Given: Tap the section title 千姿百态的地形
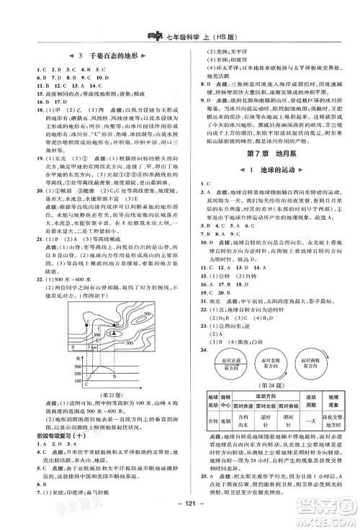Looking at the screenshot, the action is coord(96,58).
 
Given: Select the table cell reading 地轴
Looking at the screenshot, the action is coord(224,418).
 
